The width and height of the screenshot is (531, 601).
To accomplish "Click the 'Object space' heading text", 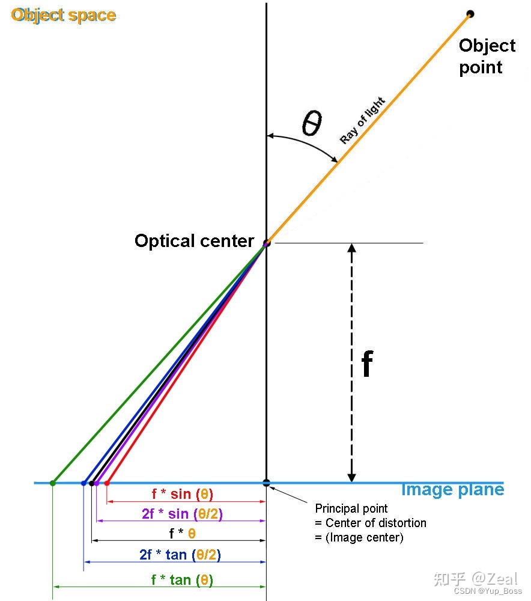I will tap(63, 14).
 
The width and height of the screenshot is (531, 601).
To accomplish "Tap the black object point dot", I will tap(470, 14).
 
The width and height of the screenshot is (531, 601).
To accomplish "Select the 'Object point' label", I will tap(487, 56).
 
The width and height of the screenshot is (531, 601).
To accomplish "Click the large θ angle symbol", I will tap(312, 124).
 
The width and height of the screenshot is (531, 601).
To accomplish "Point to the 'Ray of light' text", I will tap(362, 120).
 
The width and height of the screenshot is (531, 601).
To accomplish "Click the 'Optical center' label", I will tap(194, 241).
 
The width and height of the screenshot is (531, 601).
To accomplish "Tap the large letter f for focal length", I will tap(367, 364).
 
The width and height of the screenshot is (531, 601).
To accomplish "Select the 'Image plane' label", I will tap(452, 490).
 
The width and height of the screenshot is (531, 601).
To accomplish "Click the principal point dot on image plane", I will tap(266, 483).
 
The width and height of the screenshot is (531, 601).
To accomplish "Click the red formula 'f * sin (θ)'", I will tap(182, 494).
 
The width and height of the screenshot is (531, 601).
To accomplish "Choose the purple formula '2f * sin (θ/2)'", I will tap(182, 514).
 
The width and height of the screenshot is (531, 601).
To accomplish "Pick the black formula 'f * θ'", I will tap(183, 534).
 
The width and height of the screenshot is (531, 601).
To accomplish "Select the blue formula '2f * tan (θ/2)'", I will tap(180, 555).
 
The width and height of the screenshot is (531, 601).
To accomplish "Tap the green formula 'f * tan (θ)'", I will tap(182, 580).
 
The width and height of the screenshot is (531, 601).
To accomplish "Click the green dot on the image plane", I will tap(53, 483).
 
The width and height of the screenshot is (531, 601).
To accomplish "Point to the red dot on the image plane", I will tap(107, 483).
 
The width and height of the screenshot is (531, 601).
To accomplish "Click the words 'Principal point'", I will tap(351, 508).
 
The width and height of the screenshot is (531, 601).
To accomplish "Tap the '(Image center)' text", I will tap(359, 537).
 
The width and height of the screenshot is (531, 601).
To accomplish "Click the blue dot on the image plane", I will tap(83, 483).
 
